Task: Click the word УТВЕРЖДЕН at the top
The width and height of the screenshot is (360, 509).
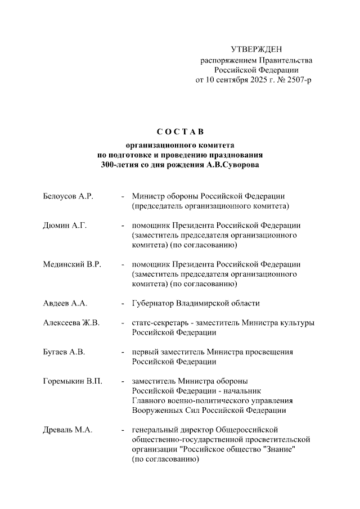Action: click(x=256, y=49)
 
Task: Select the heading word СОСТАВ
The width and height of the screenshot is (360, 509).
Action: click(x=179, y=132)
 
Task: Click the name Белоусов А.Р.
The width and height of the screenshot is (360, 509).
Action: click(x=67, y=196)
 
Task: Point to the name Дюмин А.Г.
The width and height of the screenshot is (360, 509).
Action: click(x=64, y=226)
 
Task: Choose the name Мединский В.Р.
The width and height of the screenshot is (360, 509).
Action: click(x=71, y=264)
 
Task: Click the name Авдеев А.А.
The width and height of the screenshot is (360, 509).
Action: click(x=65, y=303)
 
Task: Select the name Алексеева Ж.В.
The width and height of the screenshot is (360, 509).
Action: click(x=71, y=323)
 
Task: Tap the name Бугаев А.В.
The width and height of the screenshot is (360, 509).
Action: click(x=64, y=352)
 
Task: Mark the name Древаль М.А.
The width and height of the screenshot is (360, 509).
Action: click(x=67, y=430)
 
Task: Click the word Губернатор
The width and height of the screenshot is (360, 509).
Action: click(x=153, y=303)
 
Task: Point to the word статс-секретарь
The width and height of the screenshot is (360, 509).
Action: click(x=160, y=323)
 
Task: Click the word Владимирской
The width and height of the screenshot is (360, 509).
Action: click(x=203, y=303)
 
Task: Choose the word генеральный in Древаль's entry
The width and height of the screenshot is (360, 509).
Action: click(x=155, y=430)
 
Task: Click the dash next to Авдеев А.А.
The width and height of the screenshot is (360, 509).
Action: click(x=123, y=303)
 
